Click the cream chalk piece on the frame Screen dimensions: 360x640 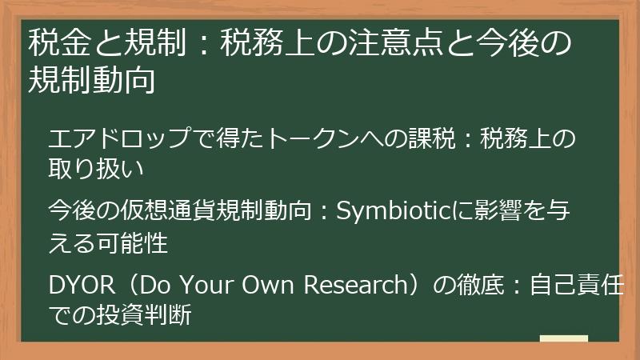tap(563, 340)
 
